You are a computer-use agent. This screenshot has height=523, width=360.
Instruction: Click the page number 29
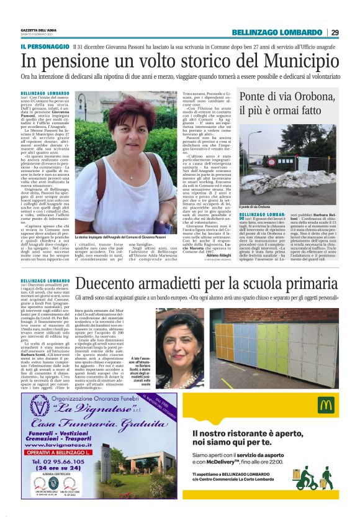click(x=335, y=32)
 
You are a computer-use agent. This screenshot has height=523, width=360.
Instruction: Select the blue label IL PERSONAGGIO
click(x=44, y=47)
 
